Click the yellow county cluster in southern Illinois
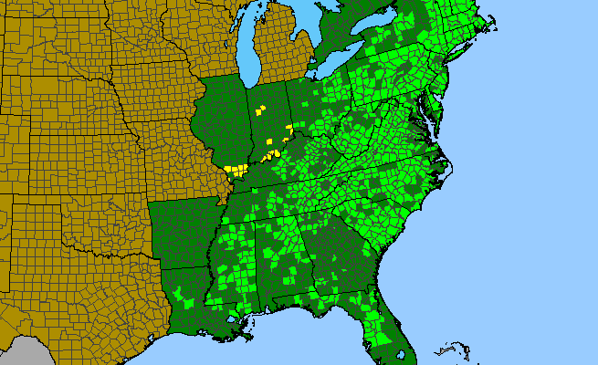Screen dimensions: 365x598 click(236, 170)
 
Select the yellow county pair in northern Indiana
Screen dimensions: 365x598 click(260, 109)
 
